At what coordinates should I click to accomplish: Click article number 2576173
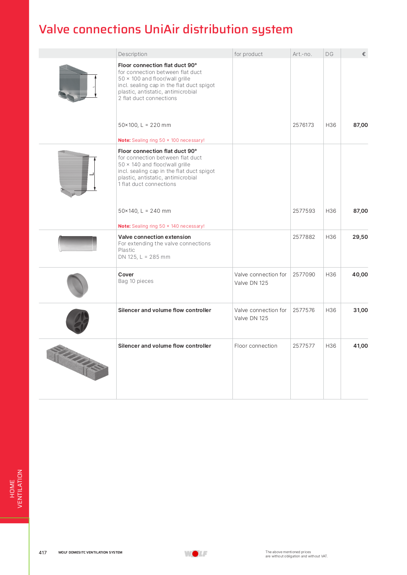click(x=303, y=125)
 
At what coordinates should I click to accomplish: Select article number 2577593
click(x=303, y=211)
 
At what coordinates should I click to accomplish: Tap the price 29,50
click(x=360, y=237)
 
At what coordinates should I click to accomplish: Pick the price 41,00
click(x=360, y=346)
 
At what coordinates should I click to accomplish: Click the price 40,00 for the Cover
click(x=360, y=274)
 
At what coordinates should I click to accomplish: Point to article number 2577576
click(x=303, y=310)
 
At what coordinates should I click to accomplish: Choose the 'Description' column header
click(x=133, y=54)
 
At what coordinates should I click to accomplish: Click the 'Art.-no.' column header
click(x=302, y=54)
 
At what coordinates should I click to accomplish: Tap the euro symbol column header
click(x=364, y=54)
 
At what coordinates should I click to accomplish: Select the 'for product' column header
click(x=249, y=54)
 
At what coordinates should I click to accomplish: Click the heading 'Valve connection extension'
click(x=154, y=237)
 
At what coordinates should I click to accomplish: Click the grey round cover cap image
click(x=77, y=285)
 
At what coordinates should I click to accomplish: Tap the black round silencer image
click(x=77, y=321)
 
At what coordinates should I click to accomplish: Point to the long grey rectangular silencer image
click(x=77, y=362)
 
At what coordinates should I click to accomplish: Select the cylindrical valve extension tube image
click(x=77, y=243)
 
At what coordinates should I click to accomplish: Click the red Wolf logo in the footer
click(x=196, y=554)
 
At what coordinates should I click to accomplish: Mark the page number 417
click(x=43, y=552)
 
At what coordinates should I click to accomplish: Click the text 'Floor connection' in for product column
click(x=255, y=346)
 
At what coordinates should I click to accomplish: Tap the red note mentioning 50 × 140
click(x=161, y=226)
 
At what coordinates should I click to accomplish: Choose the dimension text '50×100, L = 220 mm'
click(x=145, y=125)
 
